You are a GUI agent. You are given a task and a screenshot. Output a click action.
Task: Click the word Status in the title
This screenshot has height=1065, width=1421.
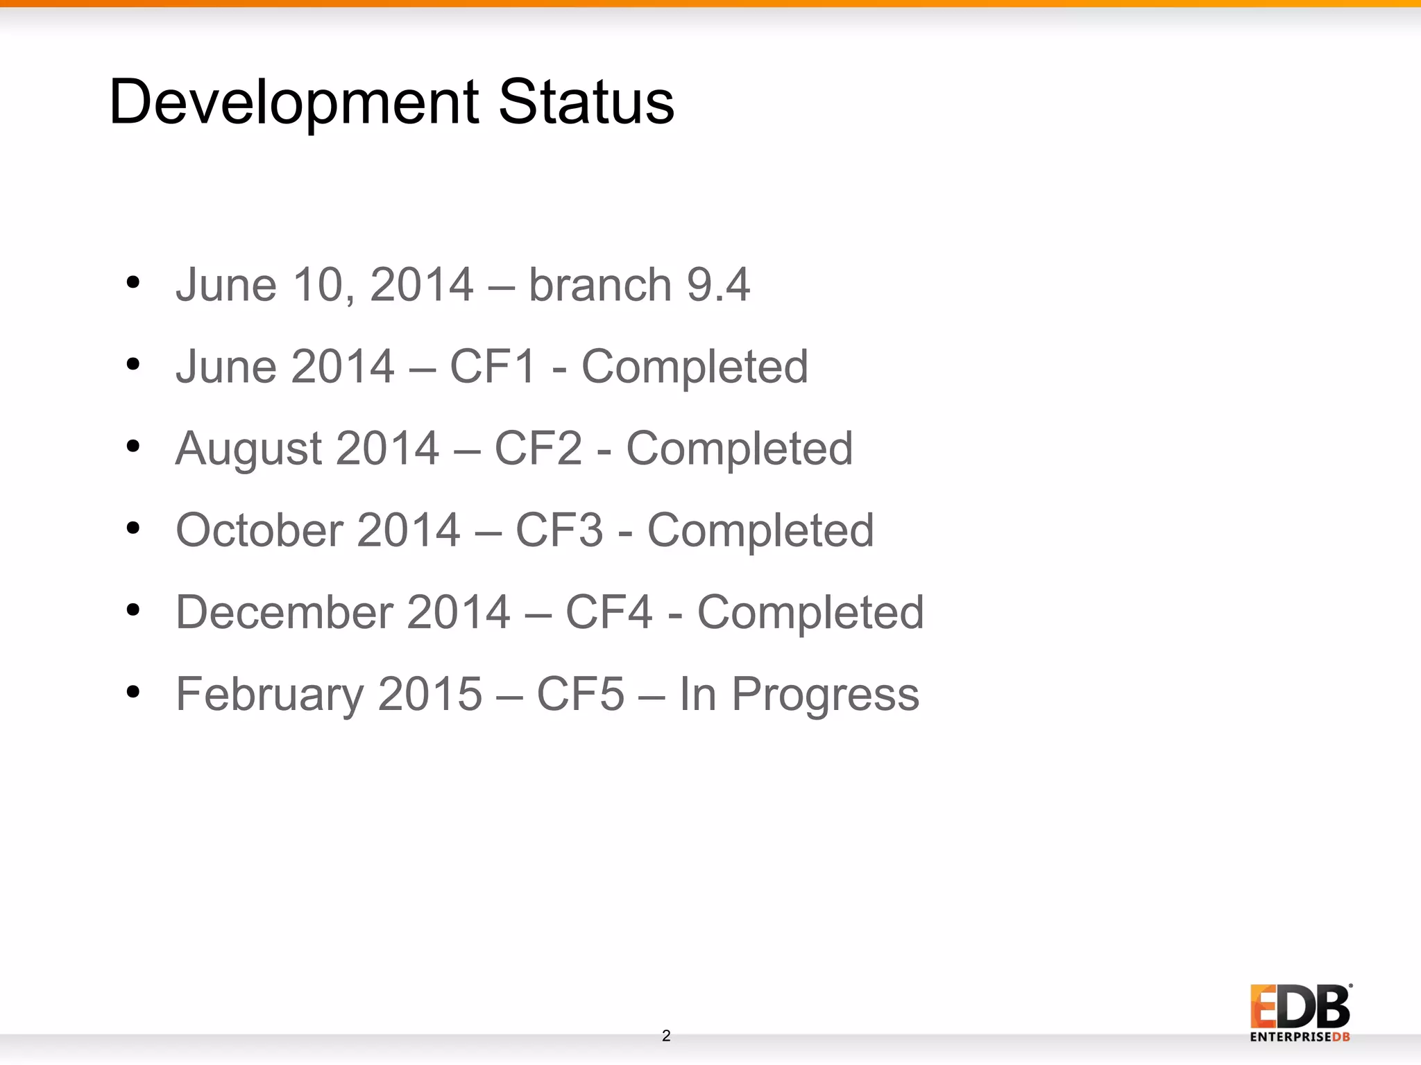(x=586, y=103)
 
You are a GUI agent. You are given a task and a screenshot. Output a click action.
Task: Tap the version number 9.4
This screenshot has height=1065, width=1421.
(x=718, y=285)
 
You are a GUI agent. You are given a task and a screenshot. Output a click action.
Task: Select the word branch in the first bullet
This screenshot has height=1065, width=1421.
(x=600, y=285)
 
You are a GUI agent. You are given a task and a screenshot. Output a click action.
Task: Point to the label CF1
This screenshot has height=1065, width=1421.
(x=493, y=367)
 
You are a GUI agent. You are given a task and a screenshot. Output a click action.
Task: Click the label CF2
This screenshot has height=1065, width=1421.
(x=538, y=449)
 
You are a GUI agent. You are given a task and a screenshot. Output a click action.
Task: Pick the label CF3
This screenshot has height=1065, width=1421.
(x=559, y=530)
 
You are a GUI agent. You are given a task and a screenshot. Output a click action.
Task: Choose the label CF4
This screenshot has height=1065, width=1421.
(x=609, y=612)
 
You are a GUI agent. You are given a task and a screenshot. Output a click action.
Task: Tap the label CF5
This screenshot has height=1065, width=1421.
(x=581, y=694)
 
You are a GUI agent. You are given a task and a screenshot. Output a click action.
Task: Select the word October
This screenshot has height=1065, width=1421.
(x=259, y=530)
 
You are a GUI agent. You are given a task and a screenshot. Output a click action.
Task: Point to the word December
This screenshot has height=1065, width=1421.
(x=284, y=612)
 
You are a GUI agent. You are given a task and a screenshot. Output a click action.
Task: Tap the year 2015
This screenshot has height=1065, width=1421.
(x=430, y=694)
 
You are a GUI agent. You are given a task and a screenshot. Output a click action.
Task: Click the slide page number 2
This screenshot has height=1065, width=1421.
(x=666, y=1036)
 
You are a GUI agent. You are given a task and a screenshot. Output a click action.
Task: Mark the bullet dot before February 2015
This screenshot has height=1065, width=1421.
(x=133, y=691)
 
